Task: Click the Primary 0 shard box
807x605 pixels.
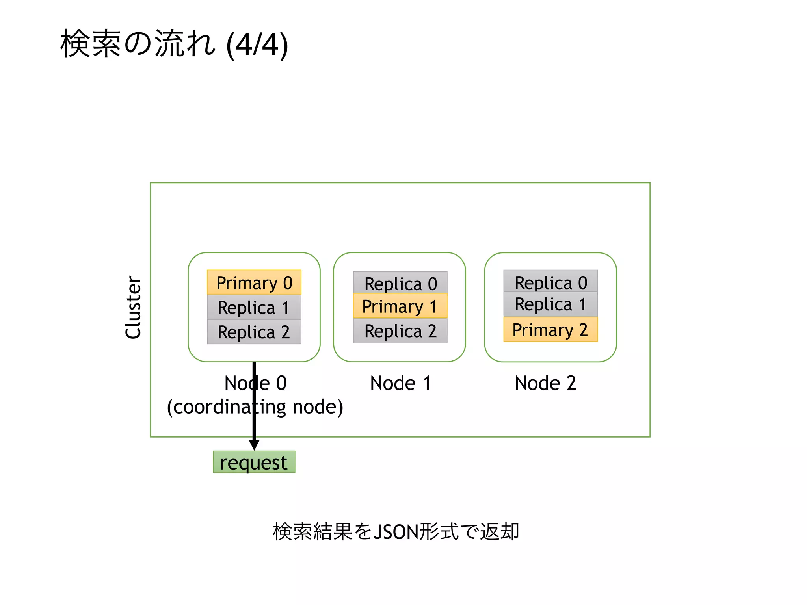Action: pyautogui.click(x=254, y=282)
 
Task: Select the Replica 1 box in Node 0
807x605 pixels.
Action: pyautogui.click(x=254, y=307)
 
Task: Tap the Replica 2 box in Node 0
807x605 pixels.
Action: pyautogui.click(x=254, y=332)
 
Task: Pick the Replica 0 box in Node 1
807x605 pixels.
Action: pyautogui.click(x=400, y=283)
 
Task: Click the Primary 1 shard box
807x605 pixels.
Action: pyautogui.click(x=400, y=306)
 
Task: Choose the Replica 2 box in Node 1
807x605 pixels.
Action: pyautogui.click(x=400, y=331)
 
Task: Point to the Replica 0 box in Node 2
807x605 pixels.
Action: pyautogui.click(x=550, y=282)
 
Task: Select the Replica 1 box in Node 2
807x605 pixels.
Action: pyautogui.click(x=550, y=304)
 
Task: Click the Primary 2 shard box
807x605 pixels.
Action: pyautogui.click(x=550, y=330)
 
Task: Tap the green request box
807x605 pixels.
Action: pyautogui.click(x=254, y=462)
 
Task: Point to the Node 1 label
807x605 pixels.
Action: pyautogui.click(x=400, y=383)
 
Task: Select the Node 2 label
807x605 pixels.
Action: pyautogui.click(x=545, y=383)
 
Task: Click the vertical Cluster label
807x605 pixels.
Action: pyautogui.click(x=133, y=307)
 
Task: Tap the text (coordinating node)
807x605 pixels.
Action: pyautogui.click(x=255, y=407)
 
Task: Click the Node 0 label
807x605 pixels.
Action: pyautogui.click(x=255, y=383)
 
